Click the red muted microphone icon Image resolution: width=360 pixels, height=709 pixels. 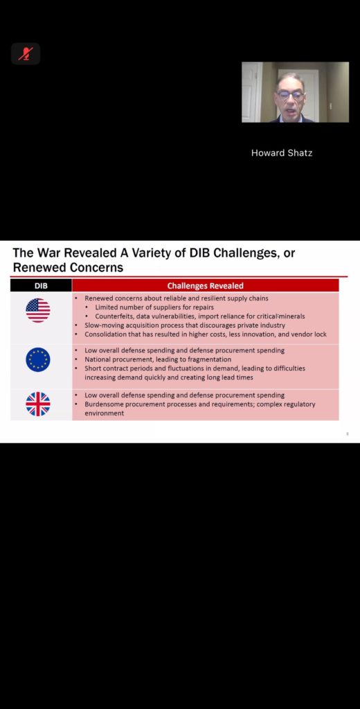26,54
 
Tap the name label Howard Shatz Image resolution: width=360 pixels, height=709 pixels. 282,153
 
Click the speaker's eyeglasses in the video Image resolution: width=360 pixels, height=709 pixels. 290,94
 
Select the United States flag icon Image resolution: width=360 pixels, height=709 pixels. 38,310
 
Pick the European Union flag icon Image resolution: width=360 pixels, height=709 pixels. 38,359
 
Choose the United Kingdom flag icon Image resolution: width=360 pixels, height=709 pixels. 38,404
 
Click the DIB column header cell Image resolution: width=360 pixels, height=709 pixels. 41,285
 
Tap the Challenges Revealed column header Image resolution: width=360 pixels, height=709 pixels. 206,285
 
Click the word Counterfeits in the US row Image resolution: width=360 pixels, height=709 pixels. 114,316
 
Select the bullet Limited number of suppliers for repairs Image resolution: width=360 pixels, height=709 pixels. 154,307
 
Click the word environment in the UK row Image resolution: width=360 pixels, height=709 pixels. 104,413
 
